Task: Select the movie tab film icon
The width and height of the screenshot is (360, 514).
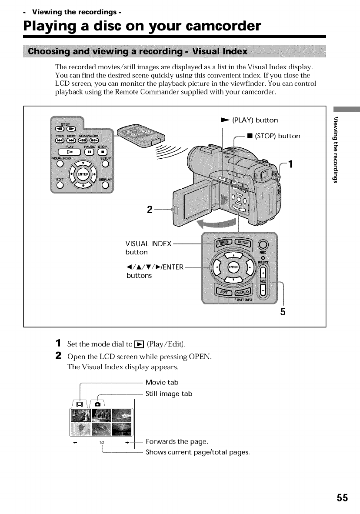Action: coord(80,404)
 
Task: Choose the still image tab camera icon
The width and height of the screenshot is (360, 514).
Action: coord(97,404)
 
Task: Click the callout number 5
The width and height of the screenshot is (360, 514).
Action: coord(283,311)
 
